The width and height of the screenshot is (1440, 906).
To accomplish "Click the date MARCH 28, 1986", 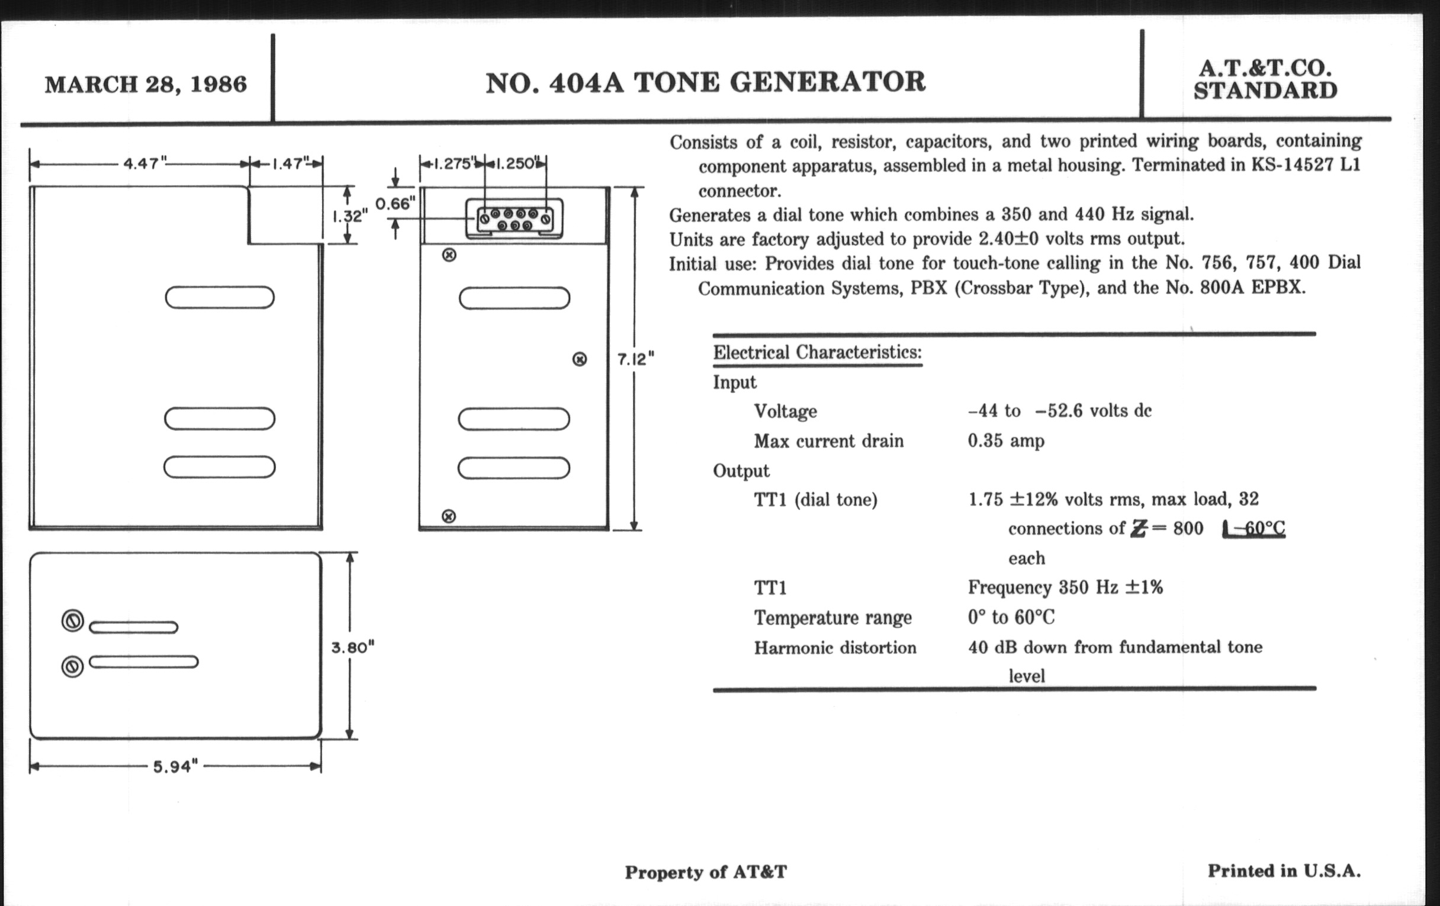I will point(145,84).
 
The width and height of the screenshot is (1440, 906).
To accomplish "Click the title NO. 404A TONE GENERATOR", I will point(705,82).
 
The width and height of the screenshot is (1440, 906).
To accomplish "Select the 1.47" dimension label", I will point(290,163).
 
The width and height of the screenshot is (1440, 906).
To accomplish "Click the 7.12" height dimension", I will point(635,359).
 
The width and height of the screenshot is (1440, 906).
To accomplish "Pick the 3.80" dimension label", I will point(353,647).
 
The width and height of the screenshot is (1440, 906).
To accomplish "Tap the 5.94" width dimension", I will point(175,767).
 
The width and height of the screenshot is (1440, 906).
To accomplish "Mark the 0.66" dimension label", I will point(395,204).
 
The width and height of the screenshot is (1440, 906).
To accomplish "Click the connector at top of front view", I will point(515,219).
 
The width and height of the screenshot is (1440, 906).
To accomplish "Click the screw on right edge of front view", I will point(579,359).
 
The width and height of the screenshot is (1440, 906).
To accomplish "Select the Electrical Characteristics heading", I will point(817,352).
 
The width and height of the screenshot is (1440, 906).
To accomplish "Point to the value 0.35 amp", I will point(1006,441).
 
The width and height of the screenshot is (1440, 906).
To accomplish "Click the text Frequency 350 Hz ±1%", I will point(1065,587).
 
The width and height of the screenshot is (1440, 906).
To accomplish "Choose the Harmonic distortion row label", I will point(835,648).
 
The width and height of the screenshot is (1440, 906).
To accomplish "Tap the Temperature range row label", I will point(832,618).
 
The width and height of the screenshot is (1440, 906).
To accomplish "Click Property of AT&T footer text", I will point(706,872).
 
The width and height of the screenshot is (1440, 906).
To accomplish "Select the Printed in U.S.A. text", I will point(1284,870).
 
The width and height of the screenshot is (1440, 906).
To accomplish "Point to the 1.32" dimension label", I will point(350,216).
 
